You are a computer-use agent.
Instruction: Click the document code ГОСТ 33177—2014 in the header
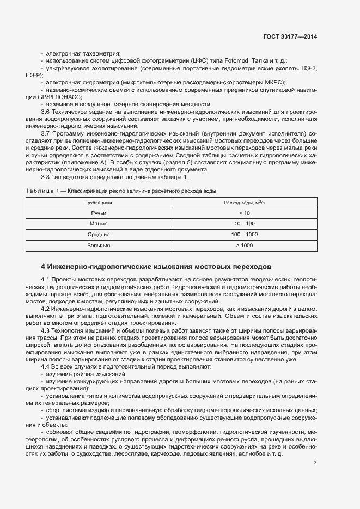(290, 37)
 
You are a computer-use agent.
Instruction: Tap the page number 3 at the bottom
(315, 463)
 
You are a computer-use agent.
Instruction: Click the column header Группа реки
(99, 202)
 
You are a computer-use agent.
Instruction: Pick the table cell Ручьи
(99, 213)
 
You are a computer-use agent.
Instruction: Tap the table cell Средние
(99, 235)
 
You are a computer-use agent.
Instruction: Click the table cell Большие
(99, 246)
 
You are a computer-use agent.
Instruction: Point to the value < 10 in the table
(244, 213)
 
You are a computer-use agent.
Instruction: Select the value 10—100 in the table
(244, 224)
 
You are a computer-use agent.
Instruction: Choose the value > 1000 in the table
(244, 246)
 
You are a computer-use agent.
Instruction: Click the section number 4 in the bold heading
(43, 267)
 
